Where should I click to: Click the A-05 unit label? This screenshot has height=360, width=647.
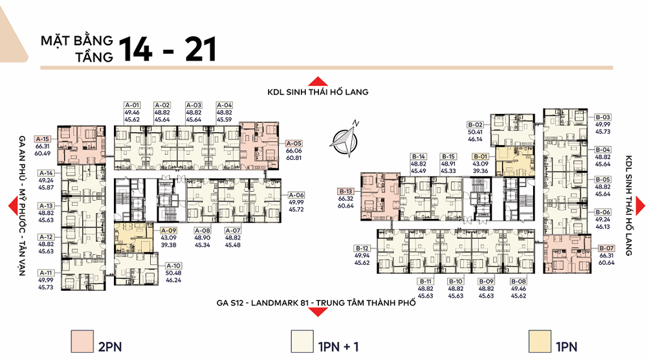tap(294, 143)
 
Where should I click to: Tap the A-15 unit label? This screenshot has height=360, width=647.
tap(43, 139)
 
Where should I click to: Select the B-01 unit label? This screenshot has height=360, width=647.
tap(480, 157)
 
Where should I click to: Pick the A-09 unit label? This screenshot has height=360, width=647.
tap(168, 231)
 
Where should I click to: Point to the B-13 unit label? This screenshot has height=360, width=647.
tap(345, 191)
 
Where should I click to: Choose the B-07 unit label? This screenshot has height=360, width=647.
tap(607, 248)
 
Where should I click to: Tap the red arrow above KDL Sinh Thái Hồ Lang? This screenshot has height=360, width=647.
tap(318, 81)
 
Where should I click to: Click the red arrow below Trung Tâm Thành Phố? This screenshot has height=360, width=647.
tap(317, 312)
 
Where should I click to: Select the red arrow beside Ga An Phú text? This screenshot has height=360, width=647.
tap(13, 206)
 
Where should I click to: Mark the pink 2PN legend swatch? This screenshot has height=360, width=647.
tap(82, 341)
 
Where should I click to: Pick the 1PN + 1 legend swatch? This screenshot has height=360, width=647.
tap(302, 341)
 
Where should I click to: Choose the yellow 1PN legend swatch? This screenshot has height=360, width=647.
tap(540, 341)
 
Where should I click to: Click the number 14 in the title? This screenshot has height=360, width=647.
tap(136, 50)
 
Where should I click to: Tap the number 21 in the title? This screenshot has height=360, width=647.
tap(201, 50)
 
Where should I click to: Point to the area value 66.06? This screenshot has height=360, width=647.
tap(294, 151)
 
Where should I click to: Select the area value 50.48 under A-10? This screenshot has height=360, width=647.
tap(173, 273)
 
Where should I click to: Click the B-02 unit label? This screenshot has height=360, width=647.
tap(475, 125)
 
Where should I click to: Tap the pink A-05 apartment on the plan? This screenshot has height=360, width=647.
tap(259, 145)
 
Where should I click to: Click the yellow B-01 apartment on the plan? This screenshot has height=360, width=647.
tap(514, 161)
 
